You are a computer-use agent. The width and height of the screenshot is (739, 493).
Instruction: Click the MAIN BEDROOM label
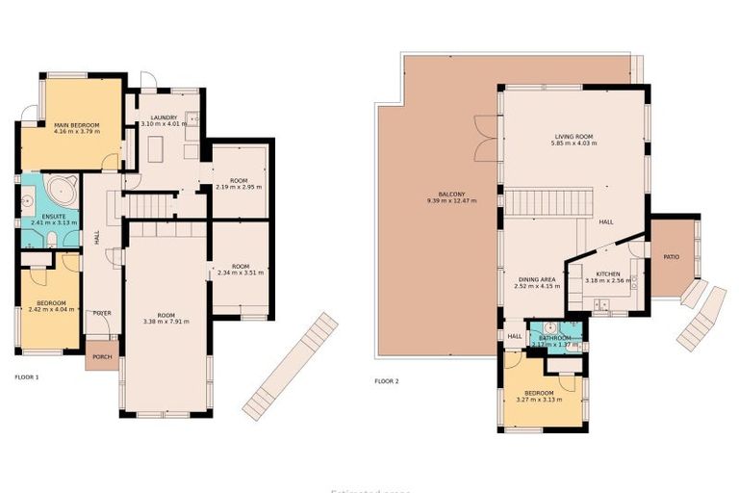[76, 125]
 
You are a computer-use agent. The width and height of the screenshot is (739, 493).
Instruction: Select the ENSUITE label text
[53, 216]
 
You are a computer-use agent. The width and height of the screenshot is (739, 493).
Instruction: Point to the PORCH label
[101, 355]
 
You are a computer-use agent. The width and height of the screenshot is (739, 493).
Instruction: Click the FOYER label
[101, 314]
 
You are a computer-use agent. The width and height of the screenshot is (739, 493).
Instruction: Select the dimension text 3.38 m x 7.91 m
[166, 321]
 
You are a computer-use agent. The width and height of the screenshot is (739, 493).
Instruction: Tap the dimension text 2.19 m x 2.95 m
[240, 187]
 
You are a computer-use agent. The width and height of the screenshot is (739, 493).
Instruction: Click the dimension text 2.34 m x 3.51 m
[240, 272]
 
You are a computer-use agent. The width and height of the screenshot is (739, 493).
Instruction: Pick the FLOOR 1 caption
[27, 376]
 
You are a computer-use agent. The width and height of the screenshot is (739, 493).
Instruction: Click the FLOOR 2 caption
[386, 381]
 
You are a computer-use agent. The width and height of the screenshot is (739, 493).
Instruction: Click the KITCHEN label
[607, 274]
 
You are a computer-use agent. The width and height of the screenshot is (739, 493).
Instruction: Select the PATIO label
[671, 257]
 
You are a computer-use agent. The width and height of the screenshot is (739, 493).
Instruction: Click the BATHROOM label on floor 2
[555, 338]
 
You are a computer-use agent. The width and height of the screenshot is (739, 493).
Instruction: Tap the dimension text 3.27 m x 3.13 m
[540, 400]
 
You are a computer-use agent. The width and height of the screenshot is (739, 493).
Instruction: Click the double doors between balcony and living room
[487, 139]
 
